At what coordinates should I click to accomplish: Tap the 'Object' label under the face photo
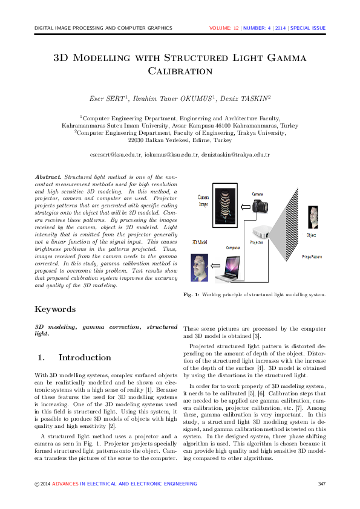311,235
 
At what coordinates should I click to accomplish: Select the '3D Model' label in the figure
200,241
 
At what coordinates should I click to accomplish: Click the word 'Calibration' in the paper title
180,71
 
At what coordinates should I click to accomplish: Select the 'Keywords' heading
55,309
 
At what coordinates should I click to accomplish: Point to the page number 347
321,484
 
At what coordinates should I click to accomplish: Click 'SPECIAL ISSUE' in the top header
308,28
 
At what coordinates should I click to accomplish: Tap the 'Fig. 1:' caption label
191,295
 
